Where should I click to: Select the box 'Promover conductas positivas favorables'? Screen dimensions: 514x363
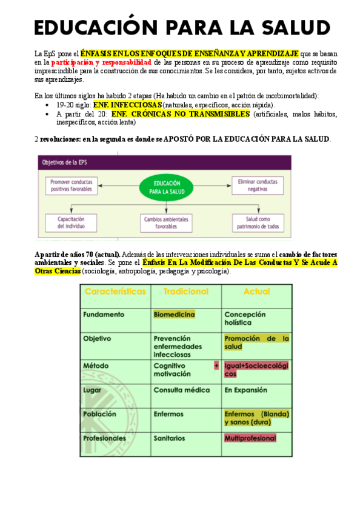click(x=72, y=185)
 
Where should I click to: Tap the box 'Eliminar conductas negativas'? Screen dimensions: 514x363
click(x=258, y=185)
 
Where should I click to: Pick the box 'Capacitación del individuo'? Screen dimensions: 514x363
click(x=72, y=222)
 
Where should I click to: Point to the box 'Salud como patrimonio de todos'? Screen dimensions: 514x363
click(x=258, y=222)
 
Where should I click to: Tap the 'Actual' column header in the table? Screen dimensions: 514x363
click(x=256, y=292)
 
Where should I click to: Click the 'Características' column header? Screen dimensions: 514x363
click(x=115, y=292)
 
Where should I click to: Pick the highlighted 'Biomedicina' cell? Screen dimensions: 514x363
click(x=175, y=315)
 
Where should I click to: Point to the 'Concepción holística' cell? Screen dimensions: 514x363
click(x=245, y=318)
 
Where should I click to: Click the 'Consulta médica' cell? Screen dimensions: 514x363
click(x=181, y=390)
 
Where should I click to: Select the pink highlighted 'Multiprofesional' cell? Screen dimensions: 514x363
click(x=250, y=438)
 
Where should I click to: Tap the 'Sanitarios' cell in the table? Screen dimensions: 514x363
click(x=169, y=438)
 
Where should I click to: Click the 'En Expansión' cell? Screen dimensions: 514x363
click(x=245, y=390)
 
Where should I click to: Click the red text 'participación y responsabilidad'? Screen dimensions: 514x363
click(x=102, y=62)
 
